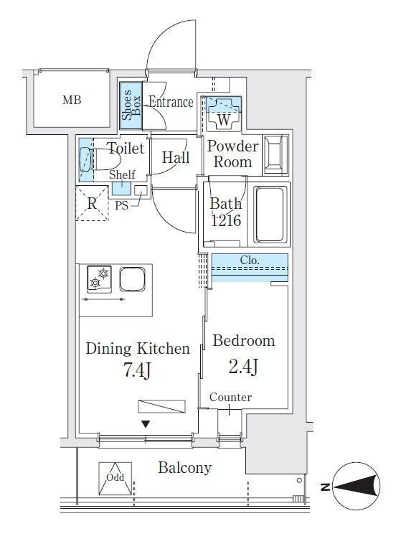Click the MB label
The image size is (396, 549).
[x=72, y=100]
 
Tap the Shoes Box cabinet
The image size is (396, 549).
[x=131, y=105]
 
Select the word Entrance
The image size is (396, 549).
[x=171, y=102]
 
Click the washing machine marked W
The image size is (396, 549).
[x=223, y=113]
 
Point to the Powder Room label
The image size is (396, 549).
[x=233, y=154]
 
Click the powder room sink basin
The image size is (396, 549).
[x=276, y=154]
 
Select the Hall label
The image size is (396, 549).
[x=176, y=158]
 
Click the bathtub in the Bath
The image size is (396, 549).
[x=269, y=215]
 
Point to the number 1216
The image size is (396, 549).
[x=226, y=220]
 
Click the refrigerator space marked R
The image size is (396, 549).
[x=92, y=203]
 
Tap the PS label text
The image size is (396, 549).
[x=121, y=205]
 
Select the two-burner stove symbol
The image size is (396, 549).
[x=100, y=279]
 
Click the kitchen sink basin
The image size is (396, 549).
[x=132, y=279]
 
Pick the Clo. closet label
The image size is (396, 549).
[x=250, y=260]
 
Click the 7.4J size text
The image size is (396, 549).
[x=138, y=370]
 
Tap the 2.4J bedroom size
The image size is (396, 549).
[x=243, y=366]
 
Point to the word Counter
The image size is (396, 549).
[x=230, y=397]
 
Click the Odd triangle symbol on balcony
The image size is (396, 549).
[x=115, y=479]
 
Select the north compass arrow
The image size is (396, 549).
[x=357, y=487]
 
